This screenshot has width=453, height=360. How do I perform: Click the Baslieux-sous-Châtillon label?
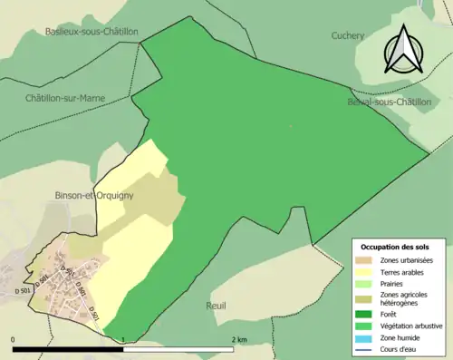coord(92,31)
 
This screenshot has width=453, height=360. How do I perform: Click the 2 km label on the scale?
coord(238,339)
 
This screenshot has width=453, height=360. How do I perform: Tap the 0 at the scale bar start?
coord(14,339)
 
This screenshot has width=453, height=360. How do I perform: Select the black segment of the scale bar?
coord(68,348)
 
